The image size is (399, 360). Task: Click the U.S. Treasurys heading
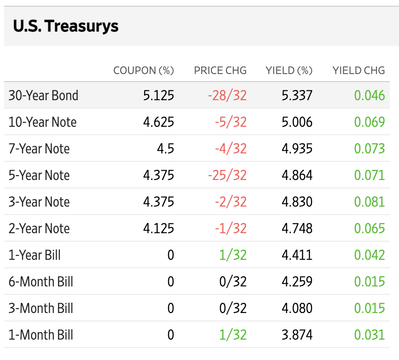(66, 26)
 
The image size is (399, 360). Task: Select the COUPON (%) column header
(144, 70)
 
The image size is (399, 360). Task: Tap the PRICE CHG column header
(220, 70)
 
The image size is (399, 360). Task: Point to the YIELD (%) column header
(289, 70)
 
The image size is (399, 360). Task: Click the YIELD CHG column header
(359, 70)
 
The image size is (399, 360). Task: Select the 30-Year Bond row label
(43, 95)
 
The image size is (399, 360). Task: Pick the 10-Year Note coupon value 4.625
(159, 122)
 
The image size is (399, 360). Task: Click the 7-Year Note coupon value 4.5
(165, 149)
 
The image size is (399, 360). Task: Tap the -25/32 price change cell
(227, 175)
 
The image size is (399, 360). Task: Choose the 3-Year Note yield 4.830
(297, 202)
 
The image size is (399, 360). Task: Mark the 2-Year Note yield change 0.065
(369, 228)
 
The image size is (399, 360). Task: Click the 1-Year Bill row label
(35, 255)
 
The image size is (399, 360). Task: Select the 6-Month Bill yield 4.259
(297, 282)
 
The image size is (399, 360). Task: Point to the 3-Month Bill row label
(41, 308)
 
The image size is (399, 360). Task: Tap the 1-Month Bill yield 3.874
(297, 335)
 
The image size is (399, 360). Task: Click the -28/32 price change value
(227, 95)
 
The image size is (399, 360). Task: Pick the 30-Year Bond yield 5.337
(297, 95)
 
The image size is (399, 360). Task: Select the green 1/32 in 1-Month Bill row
(233, 335)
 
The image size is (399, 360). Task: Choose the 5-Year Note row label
(39, 175)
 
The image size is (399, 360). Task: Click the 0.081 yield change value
(369, 202)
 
